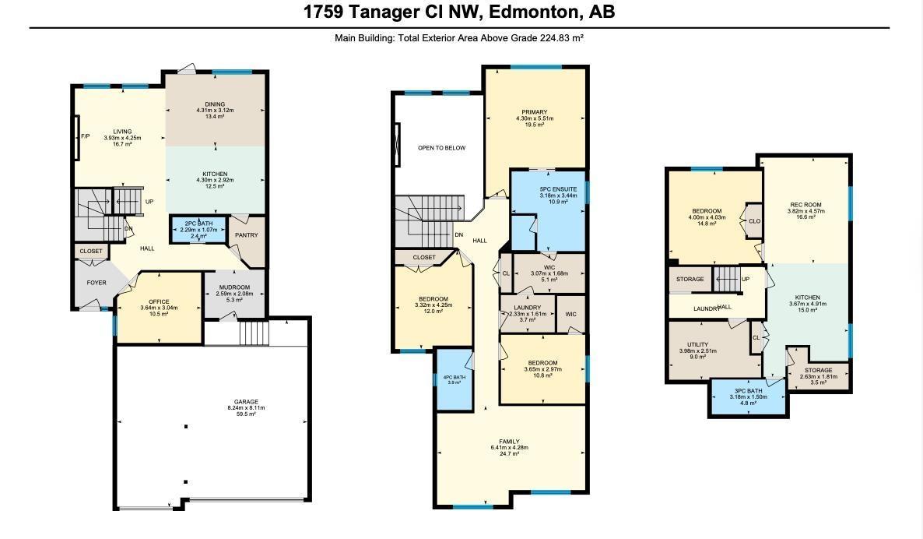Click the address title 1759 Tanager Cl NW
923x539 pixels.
click(x=459, y=12)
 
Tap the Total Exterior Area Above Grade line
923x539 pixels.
click(x=459, y=37)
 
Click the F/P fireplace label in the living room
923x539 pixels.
click(x=86, y=137)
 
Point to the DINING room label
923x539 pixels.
click(x=215, y=104)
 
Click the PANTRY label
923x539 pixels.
click(x=247, y=235)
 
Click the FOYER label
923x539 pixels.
click(x=97, y=283)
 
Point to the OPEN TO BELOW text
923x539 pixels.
click(x=441, y=148)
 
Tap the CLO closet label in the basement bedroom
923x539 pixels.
click(x=754, y=221)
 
